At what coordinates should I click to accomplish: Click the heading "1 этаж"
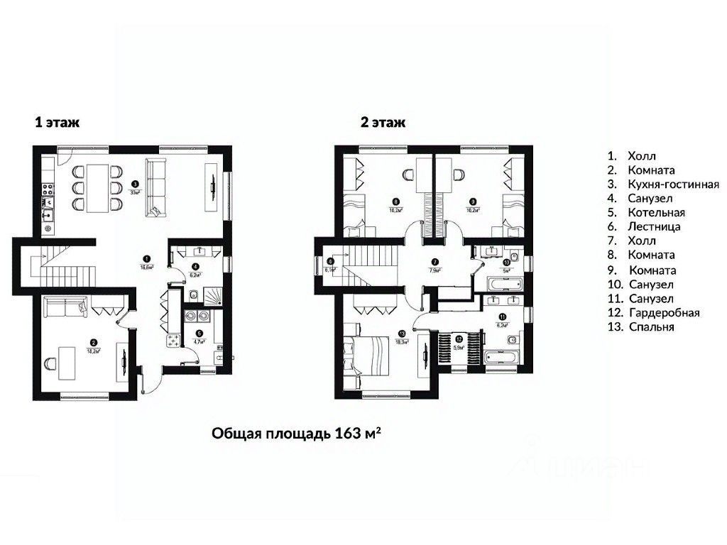(x=58, y=122)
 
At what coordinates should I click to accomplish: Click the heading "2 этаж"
(x=383, y=122)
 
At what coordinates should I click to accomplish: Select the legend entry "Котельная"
(x=656, y=212)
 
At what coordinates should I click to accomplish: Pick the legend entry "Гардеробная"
(x=663, y=312)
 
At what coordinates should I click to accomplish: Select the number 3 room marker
(x=135, y=182)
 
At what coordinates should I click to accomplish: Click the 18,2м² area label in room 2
(x=93, y=349)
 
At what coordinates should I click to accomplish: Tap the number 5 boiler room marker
(x=199, y=333)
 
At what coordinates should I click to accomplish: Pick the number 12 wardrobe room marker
(x=459, y=339)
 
